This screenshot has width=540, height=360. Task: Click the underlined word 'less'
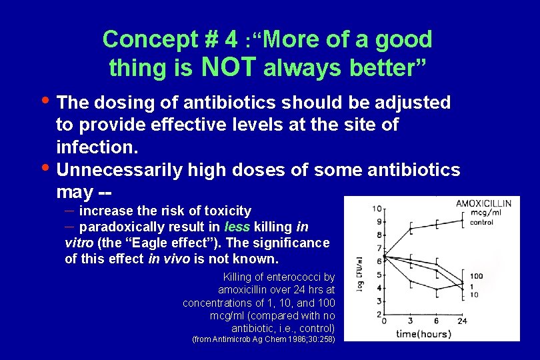coord(237,227)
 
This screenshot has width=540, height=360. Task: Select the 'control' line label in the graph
coord(481,223)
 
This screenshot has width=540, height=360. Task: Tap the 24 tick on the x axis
coord(462,321)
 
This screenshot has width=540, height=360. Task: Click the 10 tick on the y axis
coord(377,209)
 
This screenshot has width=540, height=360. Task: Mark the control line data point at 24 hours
coord(462,220)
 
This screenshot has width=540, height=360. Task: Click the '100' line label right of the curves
coord(476,275)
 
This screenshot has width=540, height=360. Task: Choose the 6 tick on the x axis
coord(436,321)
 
